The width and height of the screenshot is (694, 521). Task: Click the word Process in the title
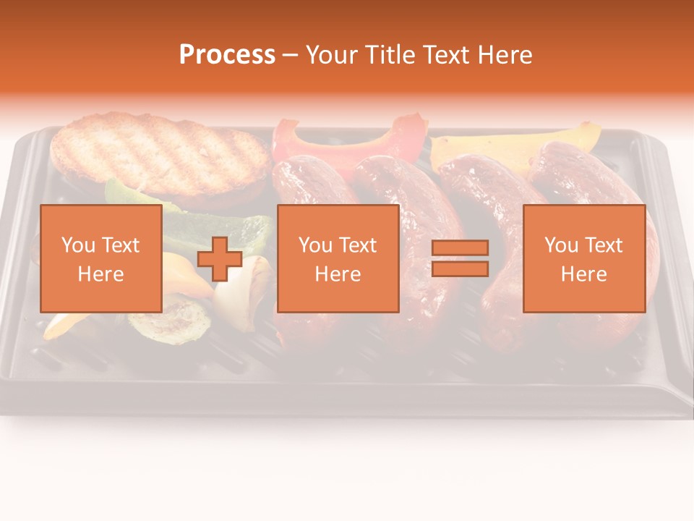coord(227,55)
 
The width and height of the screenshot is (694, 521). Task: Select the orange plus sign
coord(220,259)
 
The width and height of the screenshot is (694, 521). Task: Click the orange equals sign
coord(460,258)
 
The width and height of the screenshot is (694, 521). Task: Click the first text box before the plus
coord(101,258)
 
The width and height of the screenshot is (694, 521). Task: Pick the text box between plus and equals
coord(338,258)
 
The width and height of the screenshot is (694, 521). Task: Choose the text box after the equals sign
coord(584,258)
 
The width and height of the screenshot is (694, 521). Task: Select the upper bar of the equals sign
coord(460,247)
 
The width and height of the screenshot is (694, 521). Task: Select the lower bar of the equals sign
coord(460,269)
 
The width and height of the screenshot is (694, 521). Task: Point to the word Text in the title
coord(445,55)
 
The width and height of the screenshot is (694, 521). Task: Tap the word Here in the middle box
coord(338,274)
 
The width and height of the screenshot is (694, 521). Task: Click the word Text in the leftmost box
coord(121,245)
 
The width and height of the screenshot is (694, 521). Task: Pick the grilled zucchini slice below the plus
coord(170,322)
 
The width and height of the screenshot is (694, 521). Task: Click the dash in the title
coord(291,55)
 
